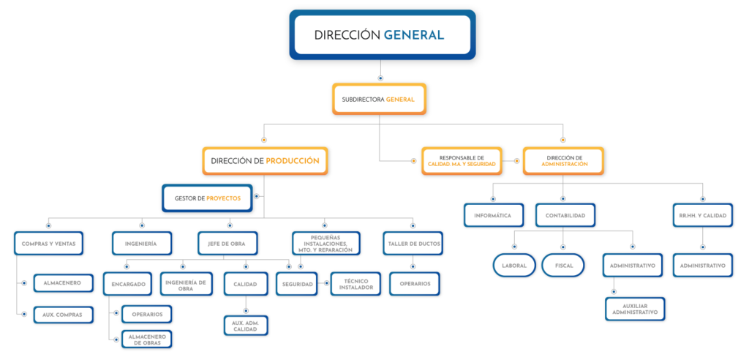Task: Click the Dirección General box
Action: tap(382, 34)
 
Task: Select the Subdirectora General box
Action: tap(378, 99)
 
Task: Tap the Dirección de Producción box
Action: tap(265, 161)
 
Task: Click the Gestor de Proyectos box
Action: tap(207, 198)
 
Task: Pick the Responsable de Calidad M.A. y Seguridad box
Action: tap(462, 162)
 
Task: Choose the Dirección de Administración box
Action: tap(564, 161)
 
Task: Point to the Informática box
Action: tap(493, 215)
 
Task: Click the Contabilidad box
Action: tap(565, 215)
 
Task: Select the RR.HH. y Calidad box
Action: tap(702, 215)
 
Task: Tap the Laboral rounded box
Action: tap(513, 265)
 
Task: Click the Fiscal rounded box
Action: tap(564, 265)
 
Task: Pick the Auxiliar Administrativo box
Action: tap(635, 309)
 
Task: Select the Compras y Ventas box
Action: tap(49, 243)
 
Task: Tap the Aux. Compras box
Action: tap(63, 315)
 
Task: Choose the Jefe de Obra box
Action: tap(227, 243)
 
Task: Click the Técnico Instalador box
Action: tap(355, 283)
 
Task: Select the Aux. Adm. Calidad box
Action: tap(246, 326)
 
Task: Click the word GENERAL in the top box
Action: tap(413, 34)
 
